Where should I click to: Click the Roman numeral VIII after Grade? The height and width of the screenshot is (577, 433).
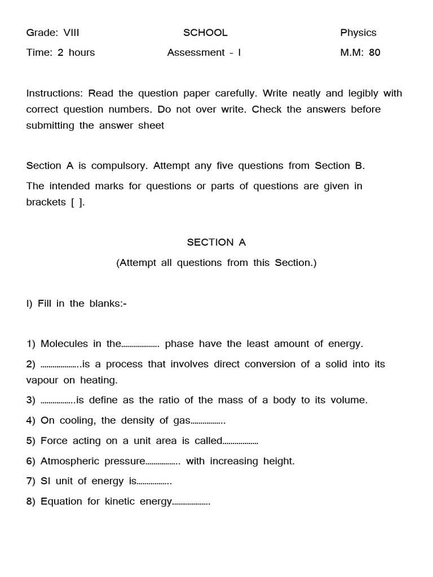tap(71, 33)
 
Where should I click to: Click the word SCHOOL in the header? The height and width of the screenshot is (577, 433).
tap(205, 33)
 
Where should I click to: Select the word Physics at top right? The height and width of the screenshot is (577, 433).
tap(358, 33)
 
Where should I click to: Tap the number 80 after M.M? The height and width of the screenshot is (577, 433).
tap(374, 52)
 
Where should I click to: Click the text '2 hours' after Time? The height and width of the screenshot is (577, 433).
tap(76, 52)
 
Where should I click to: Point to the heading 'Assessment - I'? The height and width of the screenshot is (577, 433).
tap(204, 52)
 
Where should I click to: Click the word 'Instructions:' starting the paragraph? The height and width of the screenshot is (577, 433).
tap(55, 93)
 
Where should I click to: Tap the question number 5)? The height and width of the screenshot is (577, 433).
tap(31, 441)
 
